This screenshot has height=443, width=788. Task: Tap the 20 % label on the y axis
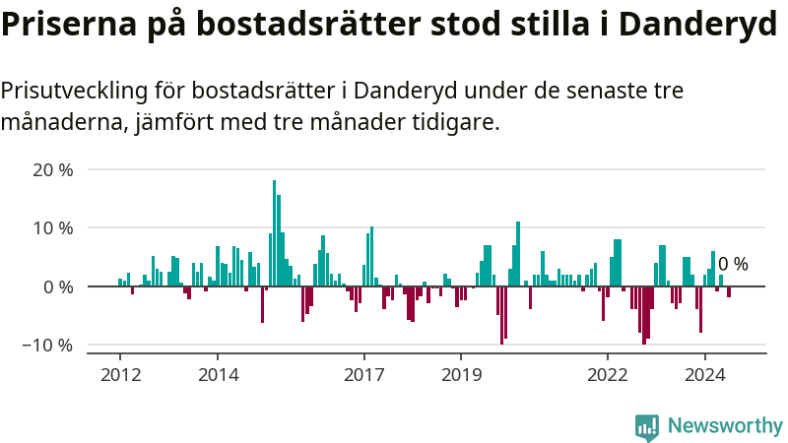click(53, 169)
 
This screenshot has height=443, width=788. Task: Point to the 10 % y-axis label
click(53, 228)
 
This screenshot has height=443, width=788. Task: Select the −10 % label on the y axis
click(48, 346)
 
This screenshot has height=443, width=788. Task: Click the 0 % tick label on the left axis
click(58, 287)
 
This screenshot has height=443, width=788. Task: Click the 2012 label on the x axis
click(120, 374)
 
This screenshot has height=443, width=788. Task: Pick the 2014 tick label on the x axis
click(218, 374)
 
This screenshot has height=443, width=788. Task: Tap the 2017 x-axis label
click(363, 374)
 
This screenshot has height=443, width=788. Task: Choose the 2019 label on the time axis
click(461, 374)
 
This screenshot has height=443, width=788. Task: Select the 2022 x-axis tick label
click(607, 374)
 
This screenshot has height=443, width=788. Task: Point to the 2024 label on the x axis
click(704, 374)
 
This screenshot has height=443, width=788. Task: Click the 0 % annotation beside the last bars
click(733, 264)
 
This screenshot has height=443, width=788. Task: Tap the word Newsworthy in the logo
click(725, 426)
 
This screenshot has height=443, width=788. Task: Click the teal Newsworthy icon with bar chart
click(647, 426)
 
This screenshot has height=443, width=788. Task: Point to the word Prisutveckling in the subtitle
click(72, 92)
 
